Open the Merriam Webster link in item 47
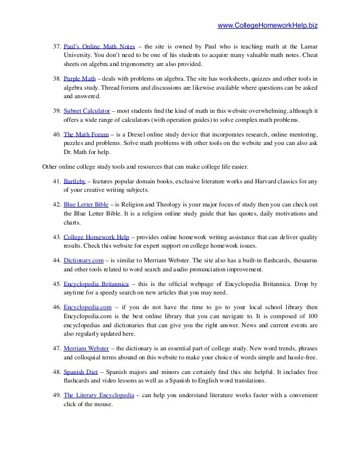(x=86, y=348)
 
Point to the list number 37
(x=56, y=45)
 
